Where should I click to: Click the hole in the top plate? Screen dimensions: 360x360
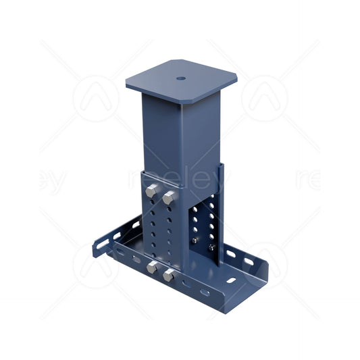pyautogui.click(x=181, y=77)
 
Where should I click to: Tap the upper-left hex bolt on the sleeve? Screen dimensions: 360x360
pyautogui.click(x=153, y=192)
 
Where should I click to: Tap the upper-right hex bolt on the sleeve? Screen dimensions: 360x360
pyautogui.click(x=168, y=197)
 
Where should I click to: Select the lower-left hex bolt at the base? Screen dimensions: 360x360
pyautogui.click(x=153, y=268)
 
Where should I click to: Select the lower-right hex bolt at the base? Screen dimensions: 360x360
pyautogui.click(x=168, y=275)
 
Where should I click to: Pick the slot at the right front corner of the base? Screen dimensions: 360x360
pyautogui.click(x=232, y=280)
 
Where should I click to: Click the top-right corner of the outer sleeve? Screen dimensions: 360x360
pyautogui.click(x=219, y=164)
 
